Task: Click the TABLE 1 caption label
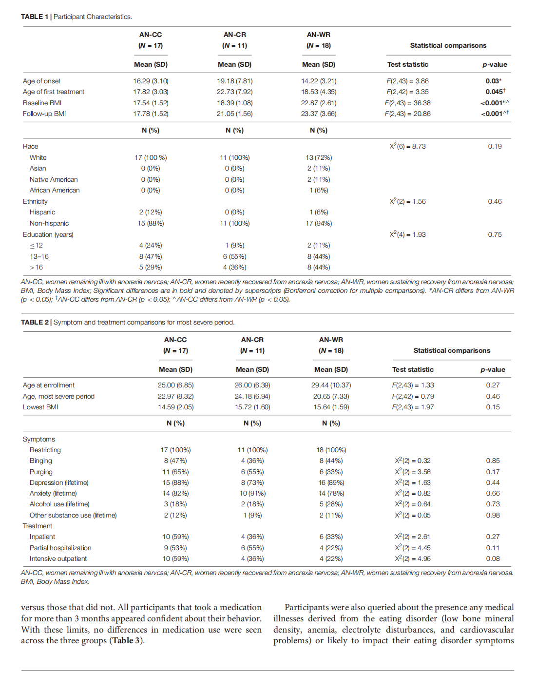coord(35,17)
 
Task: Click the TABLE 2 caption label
coord(35,322)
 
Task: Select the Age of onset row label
coord(41,81)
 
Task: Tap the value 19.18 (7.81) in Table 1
coord(234,81)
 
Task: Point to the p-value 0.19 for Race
coord(495,146)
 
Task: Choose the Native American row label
coord(54,179)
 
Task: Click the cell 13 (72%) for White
coord(319,157)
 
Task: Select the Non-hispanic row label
coord(49,223)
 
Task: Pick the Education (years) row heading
coord(48,234)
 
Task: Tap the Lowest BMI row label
coord(40,407)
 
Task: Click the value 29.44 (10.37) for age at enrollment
coord(331,385)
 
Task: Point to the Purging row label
coord(41,472)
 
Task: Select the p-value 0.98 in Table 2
coord(493,515)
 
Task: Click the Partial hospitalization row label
coord(60,548)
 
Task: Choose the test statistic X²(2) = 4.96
coord(412,558)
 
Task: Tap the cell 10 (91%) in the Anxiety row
coord(252,493)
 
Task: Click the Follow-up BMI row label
coord(44,114)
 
